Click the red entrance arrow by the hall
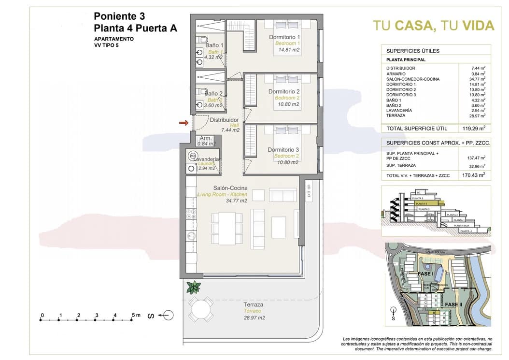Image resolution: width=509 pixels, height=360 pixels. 183,123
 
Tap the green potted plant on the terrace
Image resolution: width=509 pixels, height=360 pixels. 194,287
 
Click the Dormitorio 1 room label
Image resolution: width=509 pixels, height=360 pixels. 284,37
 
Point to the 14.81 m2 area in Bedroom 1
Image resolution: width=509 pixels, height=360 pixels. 288,50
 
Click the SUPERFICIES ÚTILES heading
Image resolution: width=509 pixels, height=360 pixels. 406,51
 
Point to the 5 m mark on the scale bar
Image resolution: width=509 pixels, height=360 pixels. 135,316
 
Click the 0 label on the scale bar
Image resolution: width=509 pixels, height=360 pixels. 42,316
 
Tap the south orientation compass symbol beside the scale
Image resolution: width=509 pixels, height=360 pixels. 166,316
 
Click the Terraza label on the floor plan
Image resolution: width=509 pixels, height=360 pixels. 253,305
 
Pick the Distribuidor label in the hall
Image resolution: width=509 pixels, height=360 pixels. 224,120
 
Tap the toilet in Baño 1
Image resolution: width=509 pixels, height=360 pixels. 203,40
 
